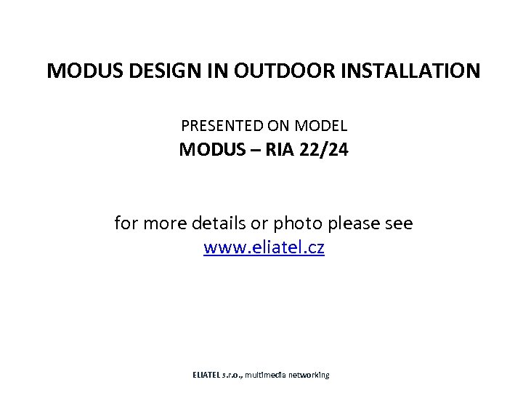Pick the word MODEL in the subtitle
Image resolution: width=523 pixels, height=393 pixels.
click(323, 127)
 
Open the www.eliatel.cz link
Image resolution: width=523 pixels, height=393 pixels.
click(264, 248)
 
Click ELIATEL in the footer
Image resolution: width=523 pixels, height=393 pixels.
click(208, 375)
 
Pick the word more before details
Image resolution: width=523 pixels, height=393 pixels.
click(161, 223)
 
